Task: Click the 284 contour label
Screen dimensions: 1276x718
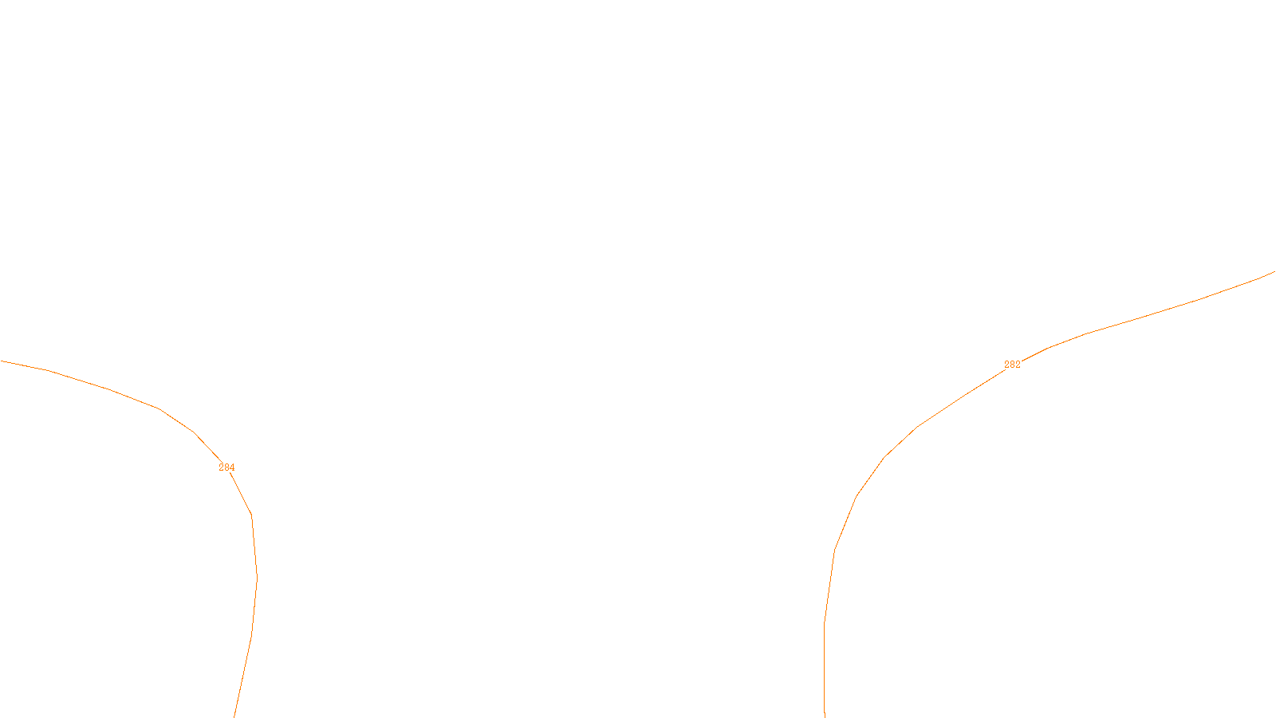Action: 226,467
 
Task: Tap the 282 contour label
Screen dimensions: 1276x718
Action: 1012,365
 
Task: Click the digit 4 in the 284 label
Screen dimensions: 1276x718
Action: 232,467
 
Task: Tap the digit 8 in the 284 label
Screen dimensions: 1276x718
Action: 226,467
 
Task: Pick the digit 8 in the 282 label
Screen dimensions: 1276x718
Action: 1012,365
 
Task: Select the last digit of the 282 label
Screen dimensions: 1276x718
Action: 1018,365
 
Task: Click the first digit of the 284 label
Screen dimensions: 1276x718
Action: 221,467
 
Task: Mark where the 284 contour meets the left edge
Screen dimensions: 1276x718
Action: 1,361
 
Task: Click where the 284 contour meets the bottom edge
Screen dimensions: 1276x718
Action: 234,716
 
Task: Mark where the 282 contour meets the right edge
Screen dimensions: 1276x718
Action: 1274,272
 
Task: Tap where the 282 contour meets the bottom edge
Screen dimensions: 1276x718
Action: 825,716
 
